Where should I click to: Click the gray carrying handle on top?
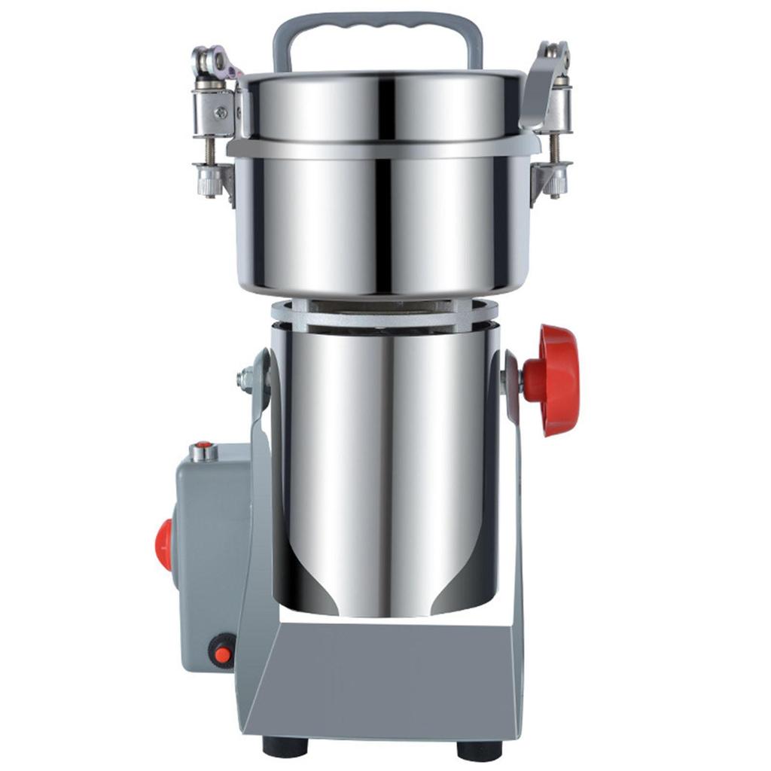pyautogui.click(x=377, y=23)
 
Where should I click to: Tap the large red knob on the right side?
pyautogui.click(x=557, y=379)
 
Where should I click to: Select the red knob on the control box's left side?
pyautogui.click(x=163, y=544)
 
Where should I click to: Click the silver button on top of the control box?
pyautogui.click(x=203, y=452)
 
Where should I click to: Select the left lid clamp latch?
pyautogui.click(x=214, y=64)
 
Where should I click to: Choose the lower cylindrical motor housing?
pyautogui.click(x=384, y=467)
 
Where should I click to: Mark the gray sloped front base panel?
pyautogui.click(x=384, y=685)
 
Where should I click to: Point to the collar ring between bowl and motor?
pyautogui.click(x=384, y=312)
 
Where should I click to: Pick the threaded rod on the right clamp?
pyautogui.click(x=556, y=147)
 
